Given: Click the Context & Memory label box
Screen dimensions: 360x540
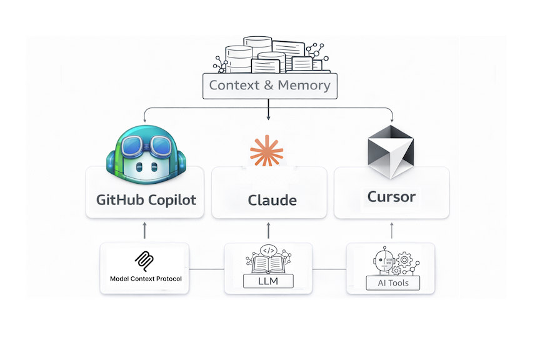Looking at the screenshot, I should pyautogui.click(x=269, y=86).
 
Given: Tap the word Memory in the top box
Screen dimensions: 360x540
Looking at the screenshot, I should pyautogui.click(x=304, y=86).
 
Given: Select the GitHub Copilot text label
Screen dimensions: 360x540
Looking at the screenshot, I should pyautogui.click(x=146, y=200).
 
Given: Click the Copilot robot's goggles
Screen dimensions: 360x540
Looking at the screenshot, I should pyautogui.click(x=146, y=147).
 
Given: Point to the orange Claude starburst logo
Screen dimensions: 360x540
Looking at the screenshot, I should pyautogui.click(x=266, y=151).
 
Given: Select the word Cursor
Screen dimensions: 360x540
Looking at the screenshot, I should pyautogui.click(x=391, y=197).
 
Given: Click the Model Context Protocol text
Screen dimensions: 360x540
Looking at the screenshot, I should pyautogui.click(x=146, y=279).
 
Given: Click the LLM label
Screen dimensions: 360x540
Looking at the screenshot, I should pyautogui.click(x=269, y=282).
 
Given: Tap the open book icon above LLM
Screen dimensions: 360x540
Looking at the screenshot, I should pyautogui.click(x=268, y=261).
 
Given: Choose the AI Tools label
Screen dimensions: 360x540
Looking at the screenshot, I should pyautogui.click(x=392, y=283).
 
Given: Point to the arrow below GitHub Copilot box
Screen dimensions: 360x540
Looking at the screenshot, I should pyautogui.click(x=145, y=230).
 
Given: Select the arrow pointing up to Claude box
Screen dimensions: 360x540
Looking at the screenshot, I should pyautogui.click(x=269, y=230).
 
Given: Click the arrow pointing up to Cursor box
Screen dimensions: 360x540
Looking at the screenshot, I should pyautogui.click(x=392, y=230).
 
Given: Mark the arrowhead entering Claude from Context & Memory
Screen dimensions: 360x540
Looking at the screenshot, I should pyautogui.click(x=268, y=117).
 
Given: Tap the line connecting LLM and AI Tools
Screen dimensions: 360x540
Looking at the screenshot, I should pyautogui.click(x=329, y=269).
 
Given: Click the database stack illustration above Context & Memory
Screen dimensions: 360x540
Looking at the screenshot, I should pyautogui.click(x=269, y=55).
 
